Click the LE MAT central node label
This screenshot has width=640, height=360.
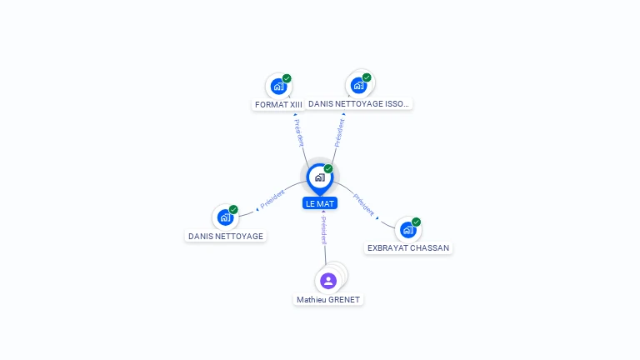320,203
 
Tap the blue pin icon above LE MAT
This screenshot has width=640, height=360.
320,179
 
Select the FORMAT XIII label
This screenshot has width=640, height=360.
278,104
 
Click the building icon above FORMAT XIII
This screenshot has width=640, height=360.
279,87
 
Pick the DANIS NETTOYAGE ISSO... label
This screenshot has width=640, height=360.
358,103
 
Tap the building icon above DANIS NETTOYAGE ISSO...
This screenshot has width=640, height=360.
358,86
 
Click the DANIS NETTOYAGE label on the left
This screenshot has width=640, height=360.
226,237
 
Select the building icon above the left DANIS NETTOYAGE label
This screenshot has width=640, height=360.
225,217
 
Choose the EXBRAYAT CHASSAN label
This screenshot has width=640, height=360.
408,247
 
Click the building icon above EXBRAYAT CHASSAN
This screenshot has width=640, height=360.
408,230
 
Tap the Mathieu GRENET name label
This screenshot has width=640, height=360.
328,300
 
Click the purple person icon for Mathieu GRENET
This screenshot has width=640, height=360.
328,281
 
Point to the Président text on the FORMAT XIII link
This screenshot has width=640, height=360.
299,132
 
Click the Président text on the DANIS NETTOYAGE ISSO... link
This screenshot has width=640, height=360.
339,132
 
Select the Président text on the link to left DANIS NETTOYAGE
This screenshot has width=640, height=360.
272,199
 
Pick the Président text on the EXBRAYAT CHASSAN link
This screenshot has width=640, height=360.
363,204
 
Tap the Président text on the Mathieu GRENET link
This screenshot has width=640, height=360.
323,231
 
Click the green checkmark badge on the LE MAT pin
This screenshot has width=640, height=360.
328,168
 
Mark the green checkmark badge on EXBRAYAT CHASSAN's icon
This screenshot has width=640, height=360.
416,222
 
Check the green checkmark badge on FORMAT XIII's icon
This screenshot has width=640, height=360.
287,78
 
